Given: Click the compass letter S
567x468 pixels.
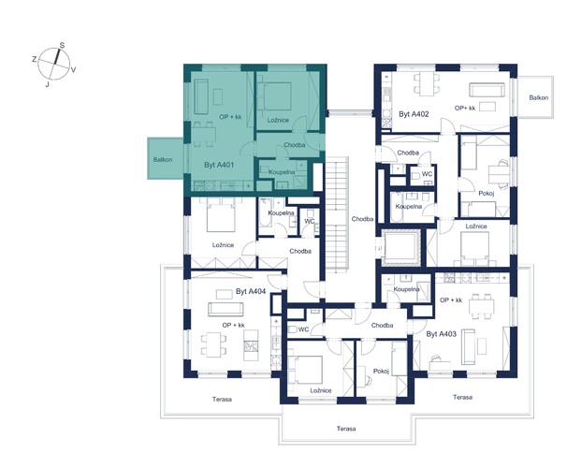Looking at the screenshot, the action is (x=62, y=45).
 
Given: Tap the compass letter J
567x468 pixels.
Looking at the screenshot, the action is (x=47, y=85).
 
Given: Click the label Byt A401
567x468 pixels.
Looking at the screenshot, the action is (x=219, y=165).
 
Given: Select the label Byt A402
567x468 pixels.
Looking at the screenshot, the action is (x=414, y=114).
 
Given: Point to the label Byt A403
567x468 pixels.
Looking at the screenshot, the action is (x=442, y=334).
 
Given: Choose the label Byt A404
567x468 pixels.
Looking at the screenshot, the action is (x=251, y=291).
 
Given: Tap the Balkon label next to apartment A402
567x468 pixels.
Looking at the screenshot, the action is (x=538, y=97).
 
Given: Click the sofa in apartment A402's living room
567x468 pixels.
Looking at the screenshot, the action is (x=487, y=90).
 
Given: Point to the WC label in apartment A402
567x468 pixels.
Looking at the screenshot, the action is (x=427, y=174).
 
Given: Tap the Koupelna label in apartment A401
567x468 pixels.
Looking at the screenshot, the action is (x=282, y=172).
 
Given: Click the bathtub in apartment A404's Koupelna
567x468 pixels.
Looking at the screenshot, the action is (x=265, y=212).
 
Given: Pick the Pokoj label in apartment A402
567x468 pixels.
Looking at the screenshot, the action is (x=487, y=193).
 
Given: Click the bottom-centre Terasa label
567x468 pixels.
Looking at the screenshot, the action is (x=346, y=429).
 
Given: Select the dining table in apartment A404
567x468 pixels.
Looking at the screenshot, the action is (x=213, y=344).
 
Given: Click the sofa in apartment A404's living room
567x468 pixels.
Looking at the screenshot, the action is (x=225, y=309).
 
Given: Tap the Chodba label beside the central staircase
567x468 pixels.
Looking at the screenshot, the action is (x=362, y=219).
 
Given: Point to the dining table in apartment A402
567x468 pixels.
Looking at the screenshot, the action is (x=427, y=84).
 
